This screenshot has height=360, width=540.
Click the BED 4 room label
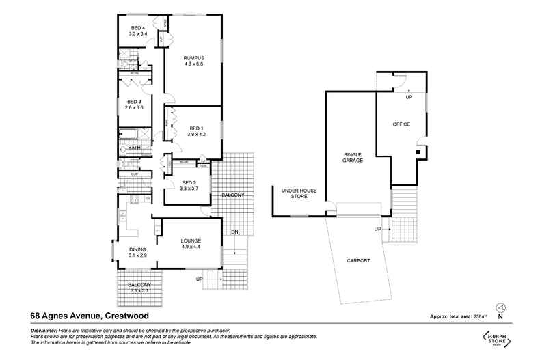click(138, 28)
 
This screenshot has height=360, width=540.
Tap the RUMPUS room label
click(193, 58)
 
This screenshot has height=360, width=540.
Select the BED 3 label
click(134, 102)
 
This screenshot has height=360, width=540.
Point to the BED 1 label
click(196, 128)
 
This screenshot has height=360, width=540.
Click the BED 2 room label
click(189, 182)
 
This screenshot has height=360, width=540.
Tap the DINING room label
click(138, 249)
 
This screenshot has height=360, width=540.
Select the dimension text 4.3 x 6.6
click(193, 64)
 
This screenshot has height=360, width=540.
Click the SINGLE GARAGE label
click(353, 157)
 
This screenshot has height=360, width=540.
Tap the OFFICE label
click(401, 124)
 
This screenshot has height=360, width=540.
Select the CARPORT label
click(358, 260)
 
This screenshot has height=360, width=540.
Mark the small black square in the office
click(418, 152)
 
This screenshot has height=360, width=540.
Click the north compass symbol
click(500, 308)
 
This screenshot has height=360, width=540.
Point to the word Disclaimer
click(44, 330)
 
